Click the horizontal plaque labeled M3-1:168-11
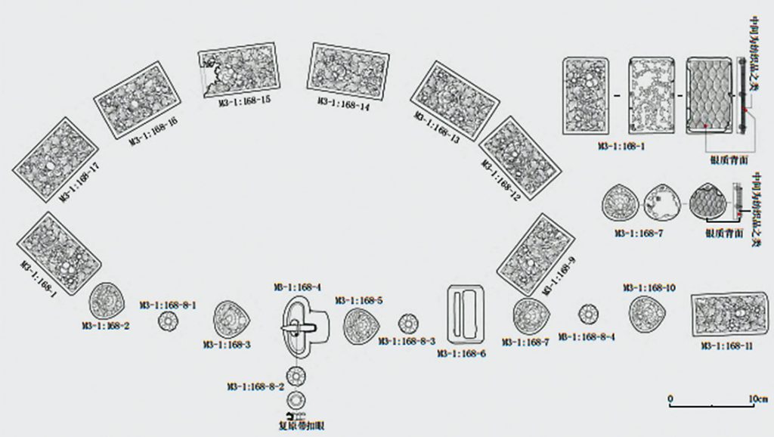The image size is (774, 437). [x=730, y=315]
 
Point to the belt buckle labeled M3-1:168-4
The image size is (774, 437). [x=307, y=327]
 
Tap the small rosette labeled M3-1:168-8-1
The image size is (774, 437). [x=167, y=321]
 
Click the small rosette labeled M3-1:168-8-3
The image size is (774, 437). [x=407, y=324]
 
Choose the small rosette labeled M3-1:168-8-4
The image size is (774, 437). [x=589, y=313]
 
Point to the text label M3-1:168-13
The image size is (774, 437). [x=436, y=128]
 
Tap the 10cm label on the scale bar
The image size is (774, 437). [x=757, y=398]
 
